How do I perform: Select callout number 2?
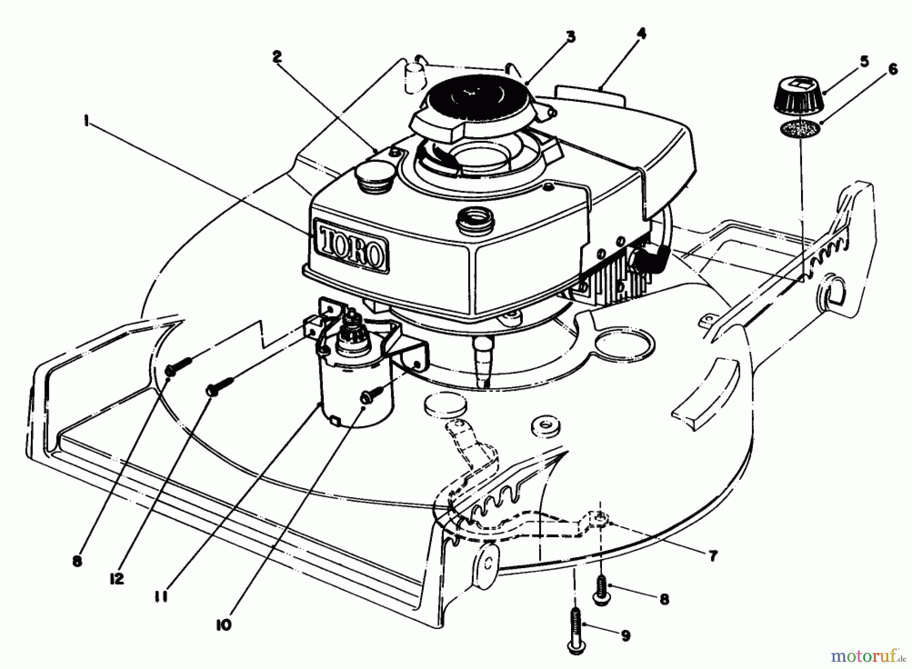tap(277, 57)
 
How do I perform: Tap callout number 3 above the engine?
tap(571, 36)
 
